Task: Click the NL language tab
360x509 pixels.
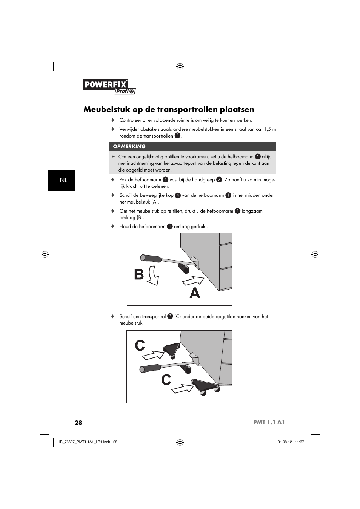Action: pyautogui.click(x=62, y=180)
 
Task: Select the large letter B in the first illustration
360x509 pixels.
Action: pyautogui.click(x=139, y=274)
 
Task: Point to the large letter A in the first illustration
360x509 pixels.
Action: pyautogui.click(x=195, y=293)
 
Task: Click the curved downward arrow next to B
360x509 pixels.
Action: pyautogui.click(x=152, y=276)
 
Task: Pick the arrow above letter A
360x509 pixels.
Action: pyautogui.click(x=193, y=281)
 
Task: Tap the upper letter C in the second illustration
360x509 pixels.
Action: pyautogui.click(x=140, y=345)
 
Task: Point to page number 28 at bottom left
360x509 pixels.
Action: pyautogui.click(x=78, y=422)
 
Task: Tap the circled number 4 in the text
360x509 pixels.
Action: pyautogui.click(x=178, y=195)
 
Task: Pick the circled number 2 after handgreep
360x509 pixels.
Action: pyautogui.click(x=218, y=180)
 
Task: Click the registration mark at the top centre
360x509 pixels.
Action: pyautogui.click(x=180, y=67)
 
